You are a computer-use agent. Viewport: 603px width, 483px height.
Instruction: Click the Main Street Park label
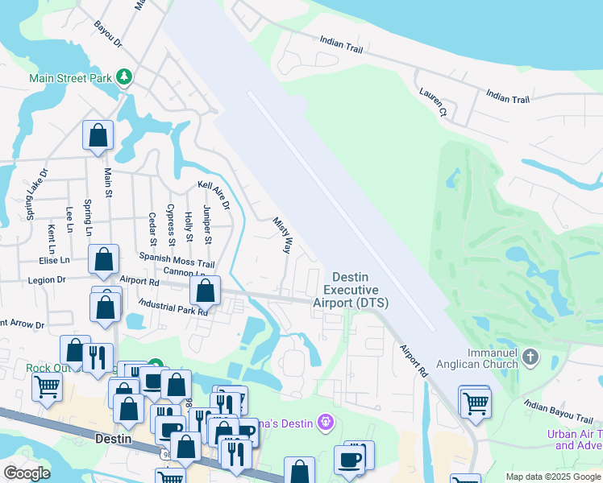click(x=70, y=78)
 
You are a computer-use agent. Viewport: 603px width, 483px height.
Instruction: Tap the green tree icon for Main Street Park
click(x=124, y=77)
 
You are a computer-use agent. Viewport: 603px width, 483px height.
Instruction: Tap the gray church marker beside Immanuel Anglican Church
click(x=530, y=355)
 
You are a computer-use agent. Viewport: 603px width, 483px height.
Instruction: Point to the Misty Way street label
click(x=281, y=235)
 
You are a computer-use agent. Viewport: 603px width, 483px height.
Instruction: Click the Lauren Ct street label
click(x=432, y=102)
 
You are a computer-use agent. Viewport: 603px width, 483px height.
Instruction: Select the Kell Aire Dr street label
click(x=214, y=195)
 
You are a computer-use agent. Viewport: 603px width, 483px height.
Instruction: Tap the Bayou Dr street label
click(x=107, y=32)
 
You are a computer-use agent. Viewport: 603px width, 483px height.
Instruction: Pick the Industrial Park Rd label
click(x=173, y=307)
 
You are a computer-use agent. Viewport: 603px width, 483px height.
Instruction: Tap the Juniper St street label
click(x=208, y=225)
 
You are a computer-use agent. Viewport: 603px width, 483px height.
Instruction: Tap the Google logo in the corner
click(x=27, y=473)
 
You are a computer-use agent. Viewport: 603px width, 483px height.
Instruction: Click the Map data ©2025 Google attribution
click(x=553, y=477)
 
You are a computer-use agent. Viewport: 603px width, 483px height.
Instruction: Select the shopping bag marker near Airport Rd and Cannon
click(x=206, y=291)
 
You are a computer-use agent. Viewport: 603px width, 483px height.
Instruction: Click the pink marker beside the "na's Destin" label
click(x=325, y=419)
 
